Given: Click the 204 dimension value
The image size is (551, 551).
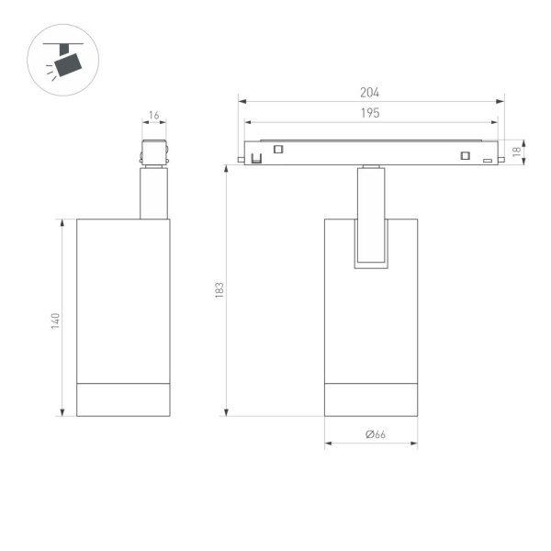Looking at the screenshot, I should click(x=370, y=93).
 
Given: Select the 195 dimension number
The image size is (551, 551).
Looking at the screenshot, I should click(x=370, y=113).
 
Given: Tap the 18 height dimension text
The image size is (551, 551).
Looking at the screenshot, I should click(x=518, y=151).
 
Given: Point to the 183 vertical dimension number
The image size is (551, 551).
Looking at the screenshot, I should click(x=219, y=289).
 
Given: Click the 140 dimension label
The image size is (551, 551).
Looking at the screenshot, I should click(x=55, y=320).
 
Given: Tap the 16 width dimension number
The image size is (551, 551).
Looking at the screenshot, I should click(x=153, y=116).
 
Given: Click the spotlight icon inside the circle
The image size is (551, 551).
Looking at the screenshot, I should click(x=66, y=62).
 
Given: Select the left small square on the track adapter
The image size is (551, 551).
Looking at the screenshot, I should click(x=278, y=150).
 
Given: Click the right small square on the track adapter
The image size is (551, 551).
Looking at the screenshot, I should click(x=465, y=153).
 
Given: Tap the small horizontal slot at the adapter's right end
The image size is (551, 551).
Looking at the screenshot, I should click(x=488, y=160).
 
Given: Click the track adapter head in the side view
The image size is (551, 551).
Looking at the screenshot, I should click(x=154, y=153).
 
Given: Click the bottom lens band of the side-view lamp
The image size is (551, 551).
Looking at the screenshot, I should click(x=123, y=398).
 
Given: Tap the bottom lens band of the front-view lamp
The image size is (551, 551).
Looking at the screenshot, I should click(x=371, y=398).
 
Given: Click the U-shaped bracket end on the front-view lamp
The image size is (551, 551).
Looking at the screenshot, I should click(x=371, y=264).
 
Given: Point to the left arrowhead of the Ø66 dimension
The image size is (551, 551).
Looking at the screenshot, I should click(x=327, y=445).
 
